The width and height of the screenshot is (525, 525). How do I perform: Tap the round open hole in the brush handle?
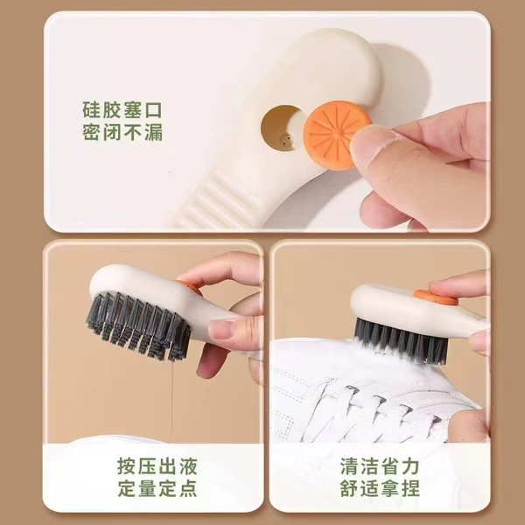[x=281, y=129]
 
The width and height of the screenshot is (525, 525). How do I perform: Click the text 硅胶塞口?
[x=122, y=110]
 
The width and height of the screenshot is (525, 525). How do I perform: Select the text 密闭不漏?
[x=122, y=133]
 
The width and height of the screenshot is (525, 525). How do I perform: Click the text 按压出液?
[x=157, y=465]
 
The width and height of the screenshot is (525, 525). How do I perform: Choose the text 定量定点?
[x=157, y=488]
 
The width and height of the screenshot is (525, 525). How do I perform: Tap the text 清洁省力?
[x=380, y=465]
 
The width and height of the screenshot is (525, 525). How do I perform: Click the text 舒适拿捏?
[x=380, y=488]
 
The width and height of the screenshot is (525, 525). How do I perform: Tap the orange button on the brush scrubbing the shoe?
[x=436, y=297]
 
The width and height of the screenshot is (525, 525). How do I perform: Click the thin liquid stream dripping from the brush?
[x=171, y=402]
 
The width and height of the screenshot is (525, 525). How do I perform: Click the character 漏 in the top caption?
[x=154, y=133]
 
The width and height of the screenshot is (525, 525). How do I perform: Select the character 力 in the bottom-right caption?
[x=410, y=465]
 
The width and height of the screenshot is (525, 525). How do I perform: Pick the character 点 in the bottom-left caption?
[x=188, y=488]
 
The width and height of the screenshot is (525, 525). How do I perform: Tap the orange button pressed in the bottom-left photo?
[x=190, y=287]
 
